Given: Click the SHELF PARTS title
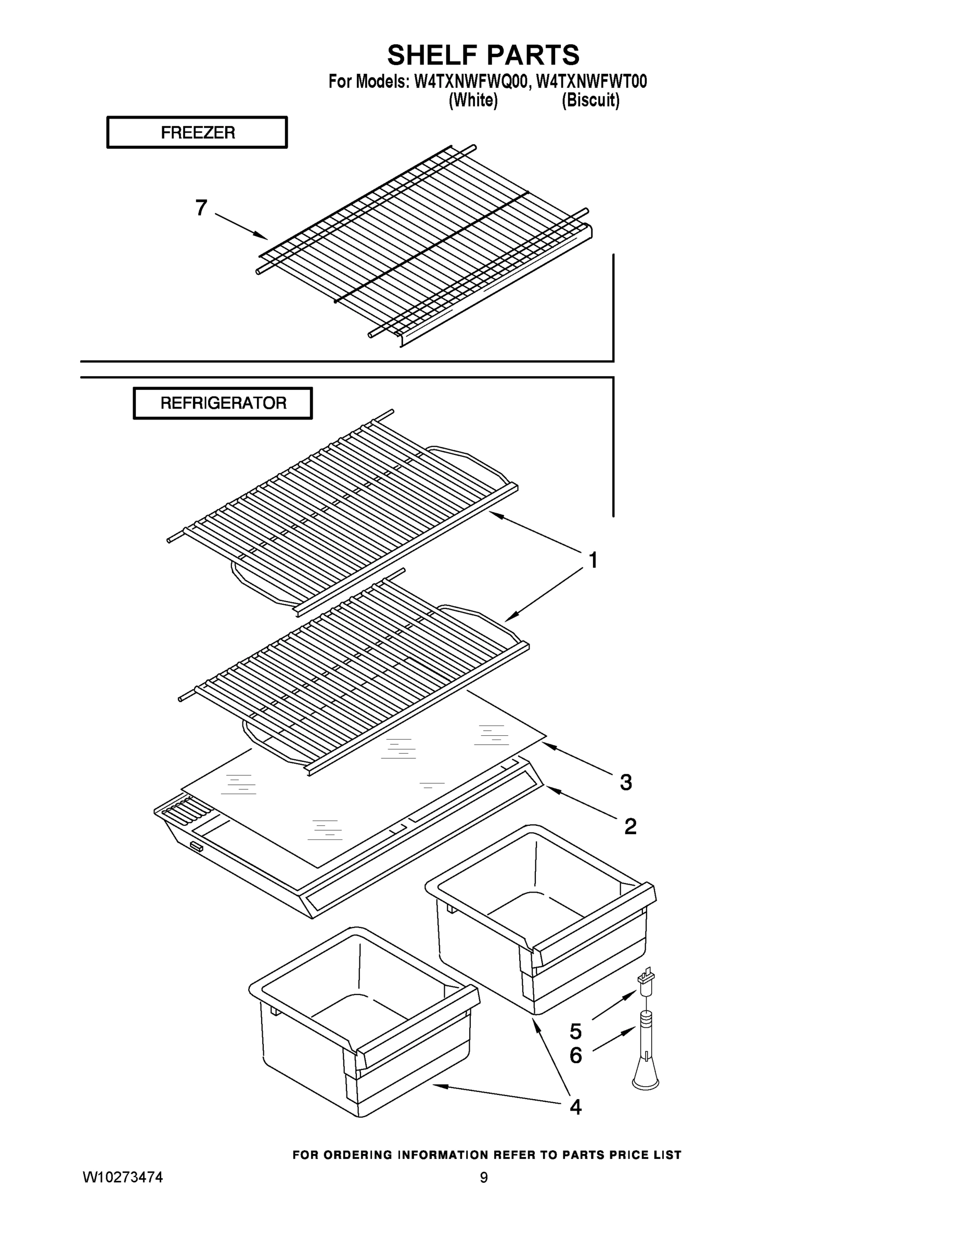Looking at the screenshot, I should (483, 56).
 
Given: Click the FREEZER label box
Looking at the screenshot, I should (197, 133).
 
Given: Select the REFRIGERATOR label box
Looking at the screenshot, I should (223, 403).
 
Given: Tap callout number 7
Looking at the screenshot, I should (201, 208).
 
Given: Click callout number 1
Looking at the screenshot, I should (593, 560).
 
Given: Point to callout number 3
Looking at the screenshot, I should (626, 782).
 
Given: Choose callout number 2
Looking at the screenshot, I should (630, 826).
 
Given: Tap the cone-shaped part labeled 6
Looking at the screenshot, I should (645, 1066).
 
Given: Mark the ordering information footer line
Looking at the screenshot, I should (486, 1155).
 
